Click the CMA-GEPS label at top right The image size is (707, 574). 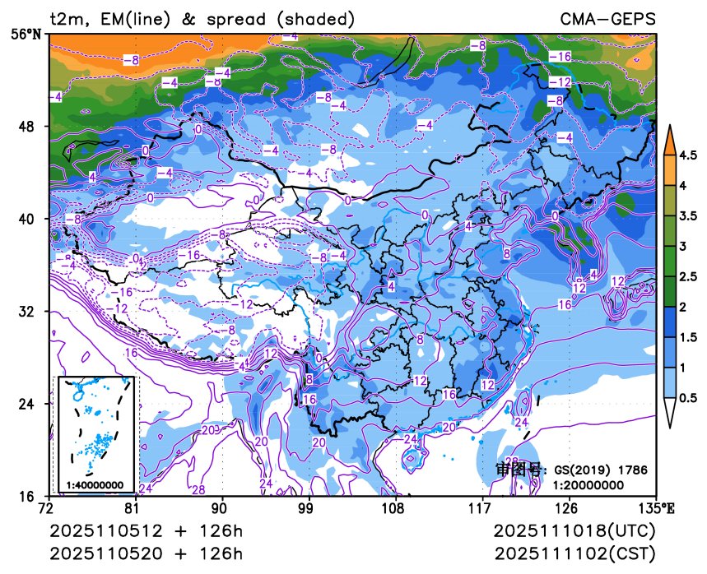click(x=608, y=18)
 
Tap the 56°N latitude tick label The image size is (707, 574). click(x=29, y=34)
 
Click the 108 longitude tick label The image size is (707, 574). click(x=396, y=509)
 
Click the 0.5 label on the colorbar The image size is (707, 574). click(x=688, y=397)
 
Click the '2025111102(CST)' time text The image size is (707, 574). click(x=575, y=553)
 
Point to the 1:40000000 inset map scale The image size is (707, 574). click(x=95, y=485)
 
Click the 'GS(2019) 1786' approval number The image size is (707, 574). click(x=600, y=470)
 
